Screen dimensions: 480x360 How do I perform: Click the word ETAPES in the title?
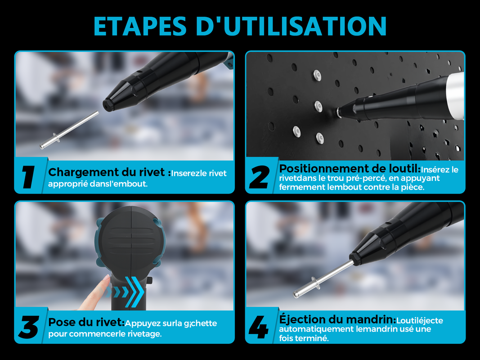(x=140, y=26)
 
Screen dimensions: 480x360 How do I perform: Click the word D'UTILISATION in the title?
(x=291, y=26)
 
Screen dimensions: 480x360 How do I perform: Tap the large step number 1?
(x=29, y=177)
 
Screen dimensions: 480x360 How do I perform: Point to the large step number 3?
(x=29, y=327)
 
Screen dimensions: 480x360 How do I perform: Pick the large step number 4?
(x=259, y=327)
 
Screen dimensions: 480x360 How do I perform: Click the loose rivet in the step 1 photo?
(x=69, y=130)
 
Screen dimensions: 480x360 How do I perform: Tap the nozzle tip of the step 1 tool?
(x=107, y=105)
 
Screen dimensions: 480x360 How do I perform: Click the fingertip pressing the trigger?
(x=106, y=278)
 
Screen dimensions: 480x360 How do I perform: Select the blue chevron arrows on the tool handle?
(x=126, y=291)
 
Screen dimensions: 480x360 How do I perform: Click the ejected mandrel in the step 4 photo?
(x=323, y=279)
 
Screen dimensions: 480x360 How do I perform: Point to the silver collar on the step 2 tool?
(x=456, y=95)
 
